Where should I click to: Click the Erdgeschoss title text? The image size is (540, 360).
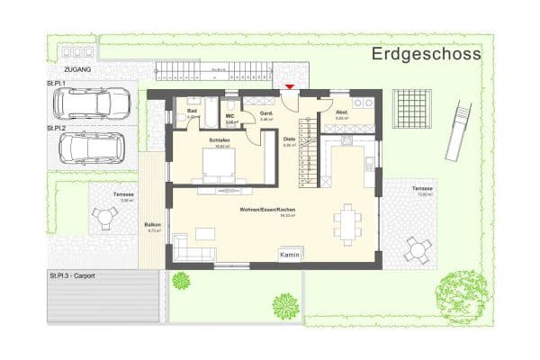click(427, 54)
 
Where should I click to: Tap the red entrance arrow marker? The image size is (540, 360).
click(289, 86)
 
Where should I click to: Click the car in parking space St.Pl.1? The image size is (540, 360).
click(92, 103)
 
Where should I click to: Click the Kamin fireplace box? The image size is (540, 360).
click(290, 256)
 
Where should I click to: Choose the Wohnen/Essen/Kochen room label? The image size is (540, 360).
click(267, 210)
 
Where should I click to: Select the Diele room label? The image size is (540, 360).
click(289, 139)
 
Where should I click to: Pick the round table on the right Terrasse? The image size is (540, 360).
click(416, 247)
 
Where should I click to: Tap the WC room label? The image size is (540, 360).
click(230, 116)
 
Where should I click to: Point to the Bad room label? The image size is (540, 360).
click(192, 111)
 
